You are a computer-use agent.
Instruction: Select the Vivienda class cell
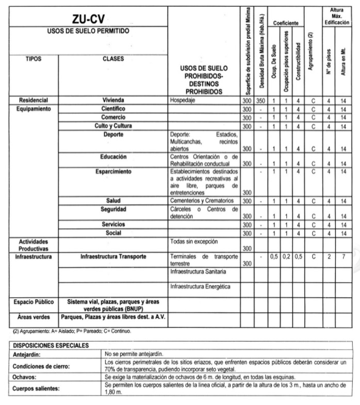113,100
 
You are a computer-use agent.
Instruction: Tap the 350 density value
261,101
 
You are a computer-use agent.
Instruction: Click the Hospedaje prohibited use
183,101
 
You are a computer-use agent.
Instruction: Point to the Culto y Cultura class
113,126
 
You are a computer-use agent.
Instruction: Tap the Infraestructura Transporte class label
113,256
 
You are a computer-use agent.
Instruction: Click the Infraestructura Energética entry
200,286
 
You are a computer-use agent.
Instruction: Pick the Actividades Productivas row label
33,245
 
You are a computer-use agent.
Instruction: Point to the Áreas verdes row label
33,317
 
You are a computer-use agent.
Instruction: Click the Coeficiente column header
285,23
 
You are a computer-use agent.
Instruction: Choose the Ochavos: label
25,377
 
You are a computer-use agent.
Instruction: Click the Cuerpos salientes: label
36,388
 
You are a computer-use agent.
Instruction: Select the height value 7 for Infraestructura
342,256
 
